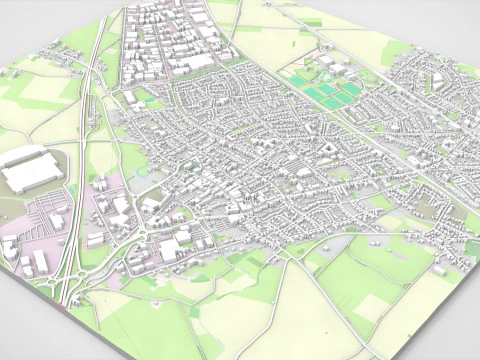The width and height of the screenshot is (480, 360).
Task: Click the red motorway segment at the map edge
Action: pos(63,299)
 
